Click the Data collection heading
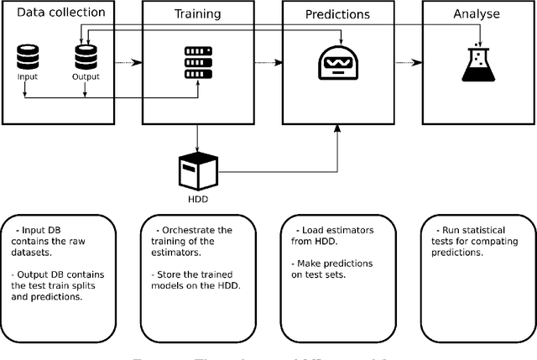pyautogui.click(x=60, y=13)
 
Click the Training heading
pyautogui.click(x=196, y=14)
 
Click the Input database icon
pyautogui.click(x=27, y=58)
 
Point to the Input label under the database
pyautogui.click(x=27, y=77)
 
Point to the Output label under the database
pyautogui.click(x=86, y=77)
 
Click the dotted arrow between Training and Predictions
pyautogui.click(x=266, y=62)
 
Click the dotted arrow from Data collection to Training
pyautogui.click(x=127, y=62)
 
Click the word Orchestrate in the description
pyautogui.click(x=190, y=229)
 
